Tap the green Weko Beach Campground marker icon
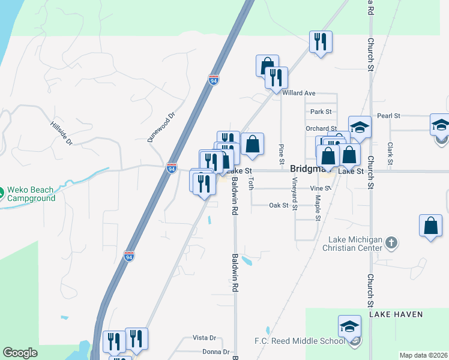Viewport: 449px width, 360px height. pyautogui.click(x=2, y=193)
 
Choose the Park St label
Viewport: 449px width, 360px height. pyautogui.click(x=321, y=112)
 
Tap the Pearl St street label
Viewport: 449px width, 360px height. pyautogui.click(x=388, y=115)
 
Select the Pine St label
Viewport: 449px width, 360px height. pyautogui.click(x=281, y=154)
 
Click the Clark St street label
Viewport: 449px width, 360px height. pyautogui.click(x=390, y=154)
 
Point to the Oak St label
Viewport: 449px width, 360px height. pyautogui.click(x=279, y=205)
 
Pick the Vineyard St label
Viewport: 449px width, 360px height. pyautogui.click(x=295, y=190)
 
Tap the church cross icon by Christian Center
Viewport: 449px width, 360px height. pyautogui.click(x=391, y=243)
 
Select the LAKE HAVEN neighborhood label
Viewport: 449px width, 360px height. pyautogui.click(x=396, y=314)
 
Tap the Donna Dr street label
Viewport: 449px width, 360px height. pyautogui.click(x=217, y=352)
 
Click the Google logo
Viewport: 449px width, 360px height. pyautogui.click(x=20, y=353)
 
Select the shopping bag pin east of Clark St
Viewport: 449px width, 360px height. pyautogui.click(x=431, y=226)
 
